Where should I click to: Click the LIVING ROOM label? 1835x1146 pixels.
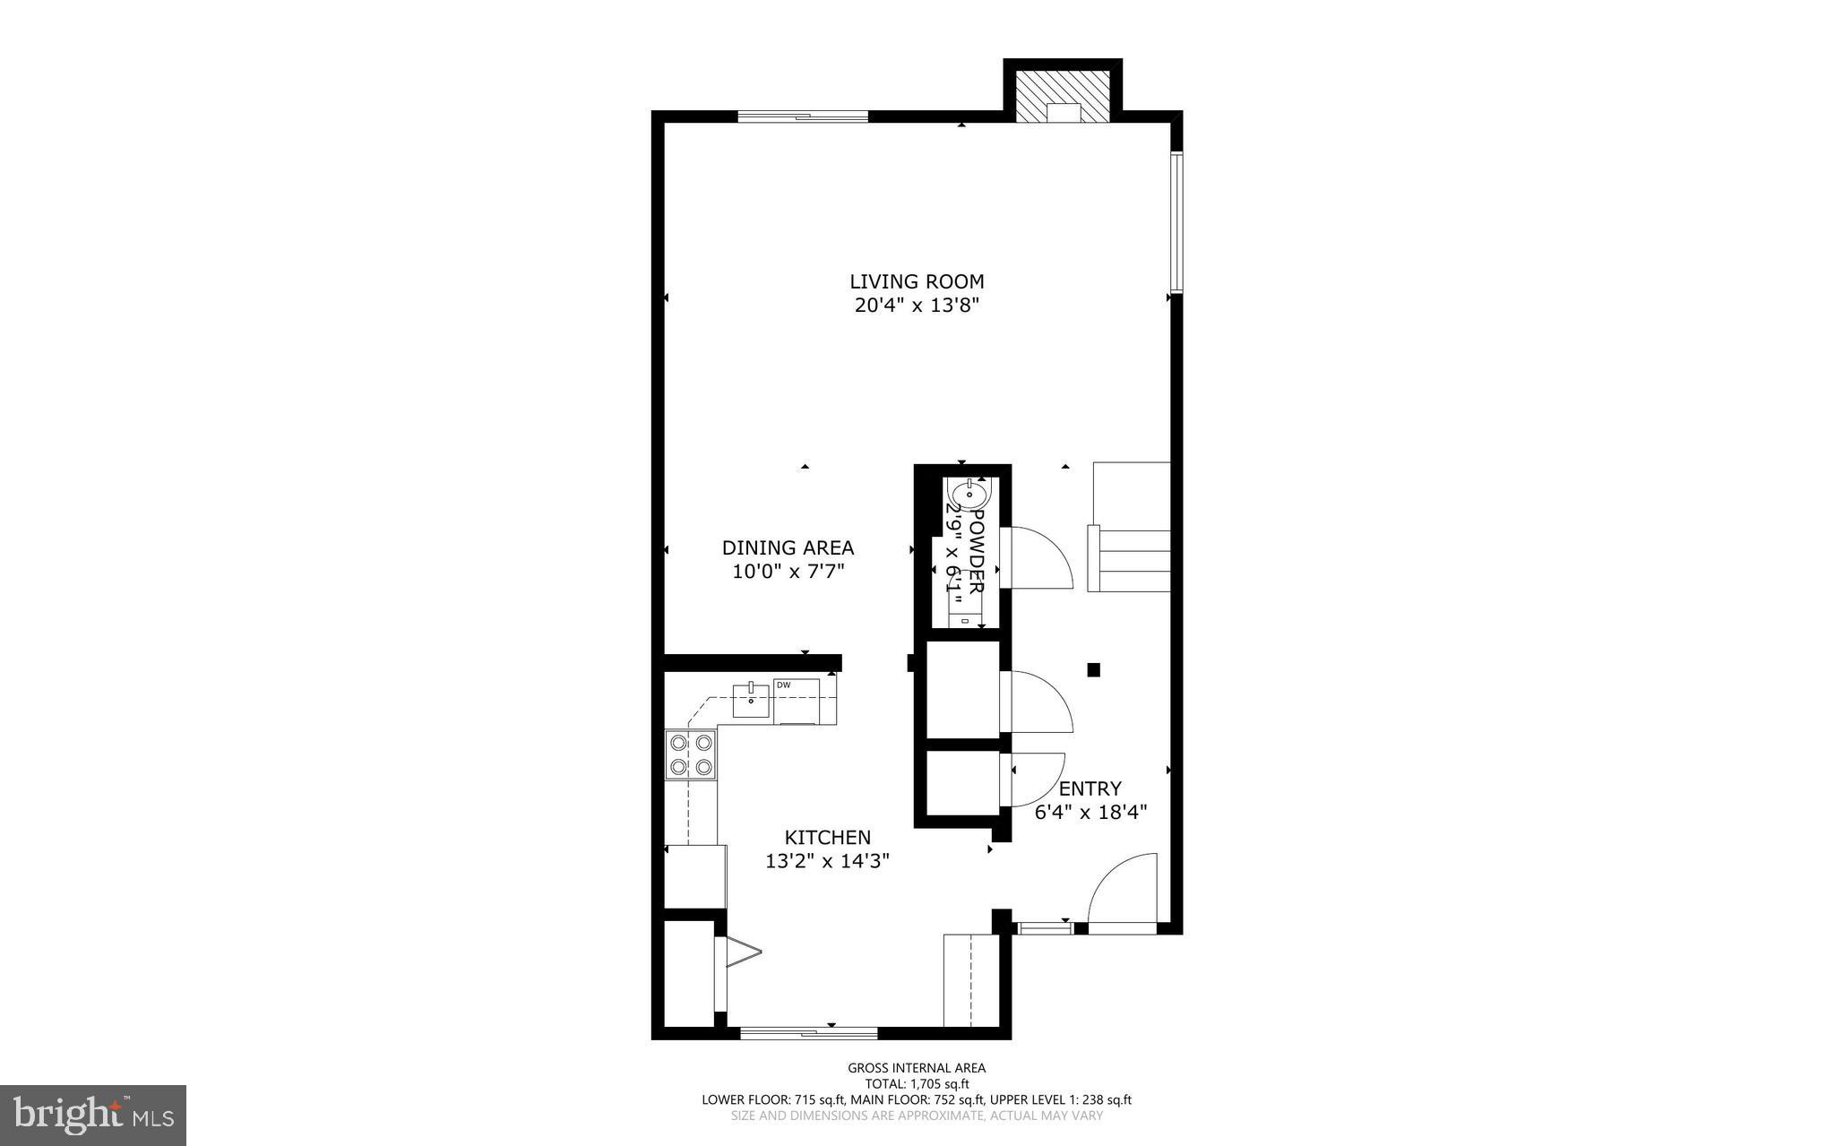coord(917,281)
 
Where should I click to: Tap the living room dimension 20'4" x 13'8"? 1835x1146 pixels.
coord(917,306)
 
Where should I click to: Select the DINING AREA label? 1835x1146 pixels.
coord(788,547)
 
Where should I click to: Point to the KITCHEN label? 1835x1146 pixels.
coord(827,837)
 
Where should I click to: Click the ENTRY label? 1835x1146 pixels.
coord(1090,788)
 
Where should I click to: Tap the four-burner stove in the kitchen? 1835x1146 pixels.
coord(690,754)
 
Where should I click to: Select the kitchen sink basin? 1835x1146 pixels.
coord(751,700)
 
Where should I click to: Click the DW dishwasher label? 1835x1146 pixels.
coord(783,685)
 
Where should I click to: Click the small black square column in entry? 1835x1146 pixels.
coord(1093,668)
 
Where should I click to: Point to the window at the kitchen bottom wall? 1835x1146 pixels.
coord(808,1033)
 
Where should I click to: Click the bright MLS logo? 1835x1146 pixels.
coord(93,1115)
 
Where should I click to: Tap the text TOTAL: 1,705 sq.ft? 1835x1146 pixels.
coord(917,1083)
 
